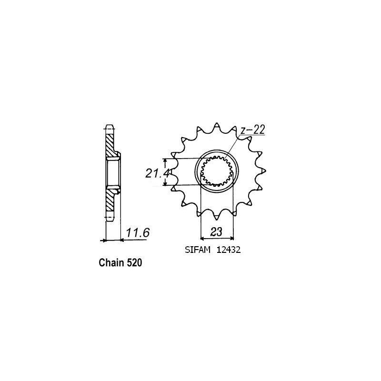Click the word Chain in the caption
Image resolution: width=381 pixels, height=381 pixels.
point(109,262)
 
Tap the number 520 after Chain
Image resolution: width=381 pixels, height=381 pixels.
point(134,262)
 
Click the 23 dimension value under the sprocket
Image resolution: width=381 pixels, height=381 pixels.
point(217,233)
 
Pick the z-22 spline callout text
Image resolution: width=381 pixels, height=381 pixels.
point(253,130)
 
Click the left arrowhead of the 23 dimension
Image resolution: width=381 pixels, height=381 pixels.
point(202,238)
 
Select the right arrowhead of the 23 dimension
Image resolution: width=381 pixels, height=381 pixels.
point(232,238)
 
